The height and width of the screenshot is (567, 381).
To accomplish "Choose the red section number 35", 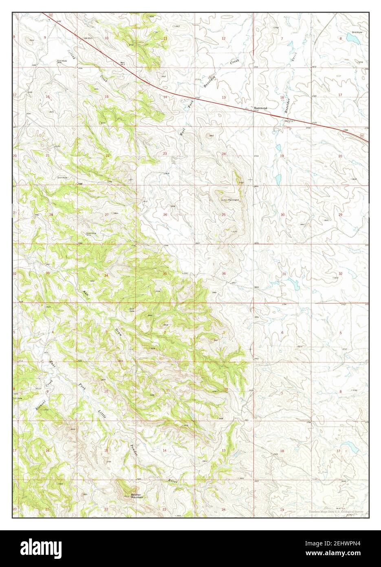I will click(x=165, y=273).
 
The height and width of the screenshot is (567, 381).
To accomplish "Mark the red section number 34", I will click(x=106, y=276).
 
